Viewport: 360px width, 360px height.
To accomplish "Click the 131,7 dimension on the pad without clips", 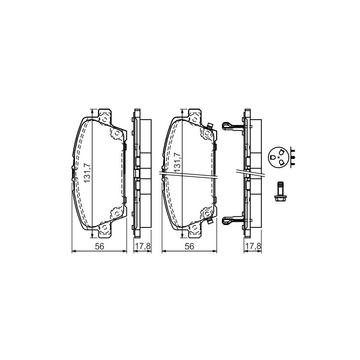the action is (x=87, y=173).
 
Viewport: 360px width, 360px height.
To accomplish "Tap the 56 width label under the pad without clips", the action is (x=100, y=246).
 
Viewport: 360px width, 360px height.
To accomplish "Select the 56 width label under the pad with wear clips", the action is (x=190, y=246).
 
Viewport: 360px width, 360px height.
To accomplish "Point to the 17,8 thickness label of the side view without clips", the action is (x=142, y=246).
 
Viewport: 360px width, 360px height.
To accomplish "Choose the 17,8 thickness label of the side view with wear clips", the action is (x=253, y=246).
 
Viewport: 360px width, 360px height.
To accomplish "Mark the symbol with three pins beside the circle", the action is (x=292, y=157).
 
